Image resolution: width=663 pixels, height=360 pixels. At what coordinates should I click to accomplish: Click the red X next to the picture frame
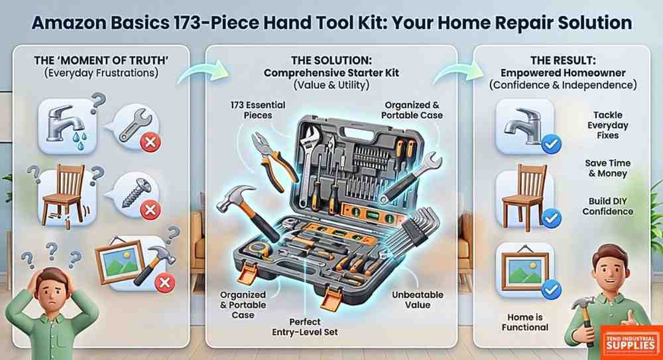coord(165,282)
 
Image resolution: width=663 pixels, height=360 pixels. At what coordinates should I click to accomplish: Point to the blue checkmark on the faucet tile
coord(552,145)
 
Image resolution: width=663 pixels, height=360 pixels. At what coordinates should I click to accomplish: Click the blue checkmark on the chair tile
coord(552,217)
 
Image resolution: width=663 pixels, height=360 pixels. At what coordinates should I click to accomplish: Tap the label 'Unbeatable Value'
coord(417,300)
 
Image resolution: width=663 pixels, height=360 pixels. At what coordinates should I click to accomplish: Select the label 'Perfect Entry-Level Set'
coord(305,327)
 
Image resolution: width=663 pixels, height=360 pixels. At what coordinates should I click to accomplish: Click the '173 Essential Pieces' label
coord(258,110)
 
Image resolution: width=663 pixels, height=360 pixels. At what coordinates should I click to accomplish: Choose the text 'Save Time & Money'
coord(607,168)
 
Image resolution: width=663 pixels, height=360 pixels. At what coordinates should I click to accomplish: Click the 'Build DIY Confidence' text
coord(607,206)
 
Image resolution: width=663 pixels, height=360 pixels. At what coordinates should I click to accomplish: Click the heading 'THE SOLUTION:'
coord(331,60)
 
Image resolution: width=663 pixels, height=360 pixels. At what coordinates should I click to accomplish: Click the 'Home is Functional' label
coord(524,322)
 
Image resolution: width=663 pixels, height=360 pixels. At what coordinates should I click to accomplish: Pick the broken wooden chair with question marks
coord(67,195)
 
